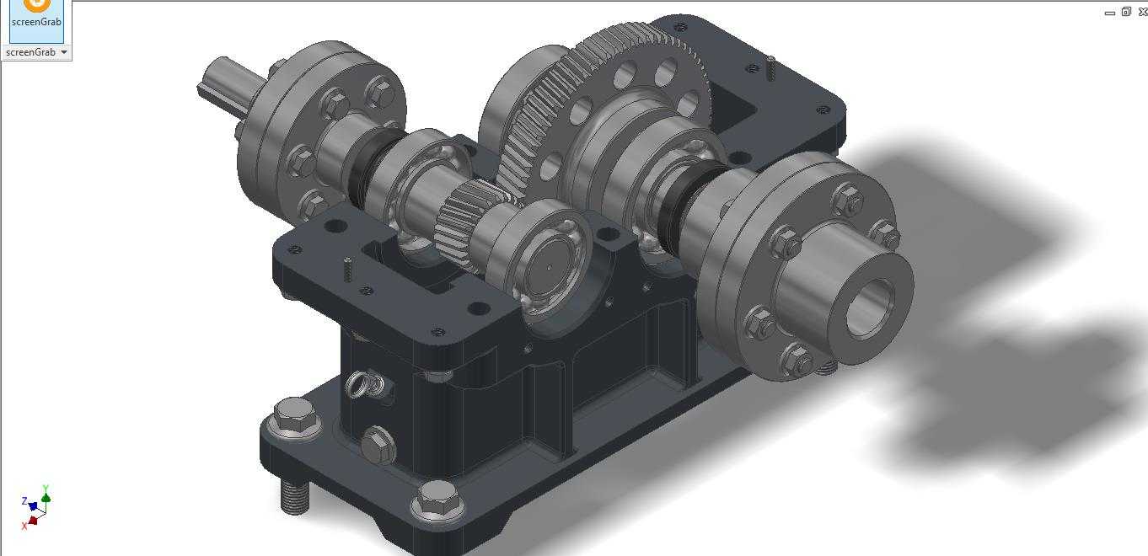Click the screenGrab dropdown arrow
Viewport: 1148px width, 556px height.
pyautogui.click(x=64, y=51)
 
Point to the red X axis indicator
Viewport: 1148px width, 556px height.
pyautogui.click(x=30, y=522)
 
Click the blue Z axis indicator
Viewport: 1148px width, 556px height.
pyautogui.click(x=30, y=504)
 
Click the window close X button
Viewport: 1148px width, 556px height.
pyautogui.click(x=1142, y=12)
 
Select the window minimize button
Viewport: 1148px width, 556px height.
pyautogui.click(x=1110, y=13)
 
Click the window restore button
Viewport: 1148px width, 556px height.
pyautogui.click(x=1126, y=12)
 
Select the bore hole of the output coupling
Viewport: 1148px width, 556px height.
pyautogui.click(x=870, y=308)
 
